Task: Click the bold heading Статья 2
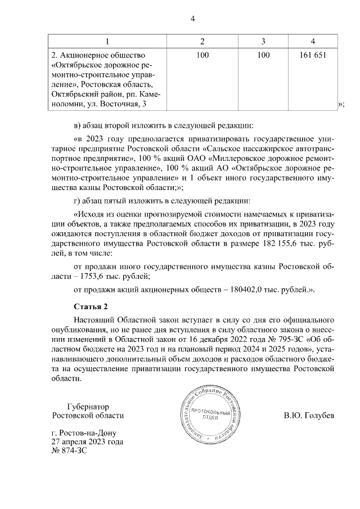click(90, 307)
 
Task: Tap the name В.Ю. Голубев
click(309, 416)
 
